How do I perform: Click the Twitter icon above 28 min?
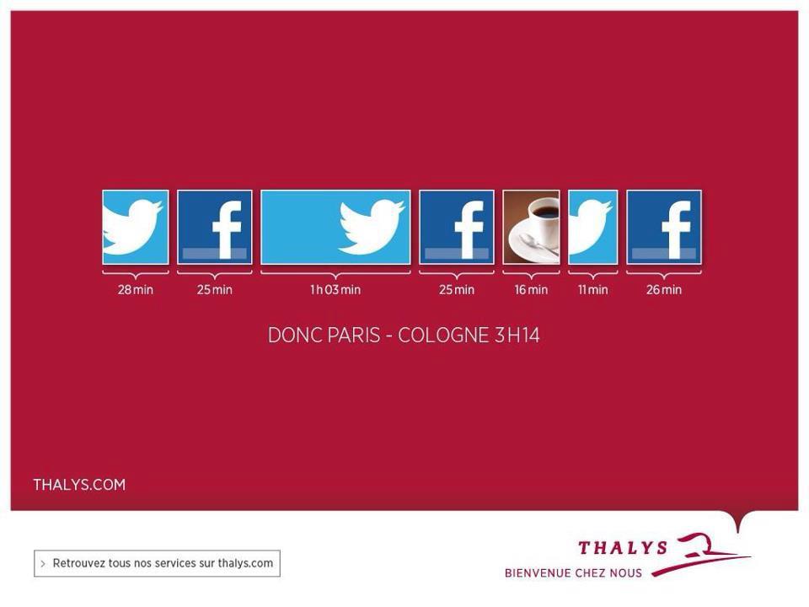(136, 227)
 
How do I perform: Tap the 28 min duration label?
(135, 289)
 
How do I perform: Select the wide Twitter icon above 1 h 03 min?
(336, 227)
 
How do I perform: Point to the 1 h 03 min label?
(335, 289)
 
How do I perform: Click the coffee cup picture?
(531, 227)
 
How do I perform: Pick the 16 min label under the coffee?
(531, 289)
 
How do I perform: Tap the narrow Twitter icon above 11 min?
(592, 227)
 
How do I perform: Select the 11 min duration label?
(592, 289)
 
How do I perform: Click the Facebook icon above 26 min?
(664, 227)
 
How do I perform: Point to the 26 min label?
(664, 289)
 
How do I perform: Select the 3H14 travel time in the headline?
(517, 336)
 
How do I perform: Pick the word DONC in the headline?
(295, 336)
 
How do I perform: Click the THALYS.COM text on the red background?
(79, 485)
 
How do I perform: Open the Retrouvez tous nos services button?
(158, 563)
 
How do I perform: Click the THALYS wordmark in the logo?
(623, 548)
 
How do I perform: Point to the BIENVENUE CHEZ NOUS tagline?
(573, 573)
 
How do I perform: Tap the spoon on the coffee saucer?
(538, 244)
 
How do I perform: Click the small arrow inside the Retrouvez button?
(43, 564)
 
